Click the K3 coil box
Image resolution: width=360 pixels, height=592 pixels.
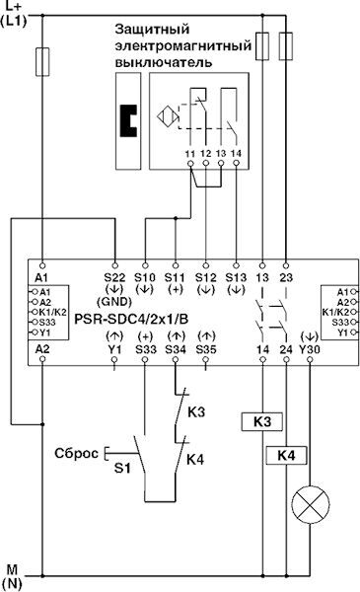262,421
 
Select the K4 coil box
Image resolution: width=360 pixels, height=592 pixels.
286,455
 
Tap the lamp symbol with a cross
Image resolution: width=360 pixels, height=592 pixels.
310,504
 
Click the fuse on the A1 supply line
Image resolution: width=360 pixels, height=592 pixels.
42,62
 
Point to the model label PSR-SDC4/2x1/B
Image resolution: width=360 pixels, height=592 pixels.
131,319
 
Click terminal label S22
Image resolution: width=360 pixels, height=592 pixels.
114,277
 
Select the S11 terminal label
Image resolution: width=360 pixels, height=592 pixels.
175,277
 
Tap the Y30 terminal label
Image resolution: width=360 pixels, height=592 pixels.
310,349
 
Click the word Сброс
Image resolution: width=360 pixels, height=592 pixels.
76,453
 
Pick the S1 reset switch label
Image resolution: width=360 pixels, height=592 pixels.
122,469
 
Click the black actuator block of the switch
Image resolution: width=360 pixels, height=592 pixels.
128,120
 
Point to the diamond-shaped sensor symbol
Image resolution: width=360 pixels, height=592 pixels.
168,115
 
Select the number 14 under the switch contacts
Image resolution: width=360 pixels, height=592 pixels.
236,153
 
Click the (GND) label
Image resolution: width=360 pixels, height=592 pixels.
114,302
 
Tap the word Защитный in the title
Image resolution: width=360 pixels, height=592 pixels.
152,29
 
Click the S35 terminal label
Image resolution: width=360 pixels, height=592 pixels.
206,349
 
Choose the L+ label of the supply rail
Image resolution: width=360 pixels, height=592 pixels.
13,6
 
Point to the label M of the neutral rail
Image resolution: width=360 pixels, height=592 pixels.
12,569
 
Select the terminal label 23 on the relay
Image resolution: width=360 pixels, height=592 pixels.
286,277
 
